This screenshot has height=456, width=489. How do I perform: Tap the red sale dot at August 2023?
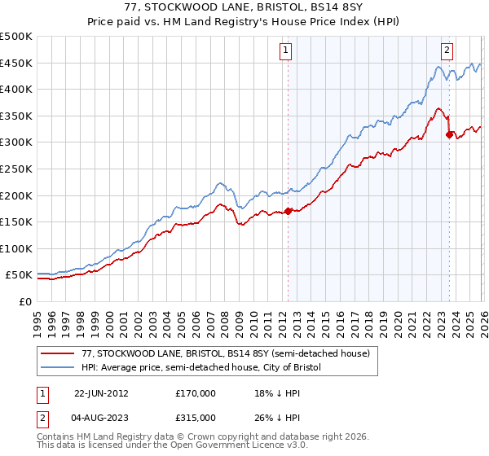[x=449, y=135]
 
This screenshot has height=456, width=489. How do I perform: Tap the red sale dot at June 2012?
[x=288, y=212]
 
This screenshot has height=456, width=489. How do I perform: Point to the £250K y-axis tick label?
[x=16, y=169]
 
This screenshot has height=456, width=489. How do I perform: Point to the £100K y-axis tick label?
[x=16, y=248]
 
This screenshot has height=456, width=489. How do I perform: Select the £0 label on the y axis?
[x=24, y=301]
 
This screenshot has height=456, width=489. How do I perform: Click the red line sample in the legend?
[x=59, y=353]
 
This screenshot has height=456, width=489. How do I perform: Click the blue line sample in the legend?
[x=59, y=367]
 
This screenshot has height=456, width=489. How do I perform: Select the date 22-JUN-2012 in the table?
[x=101, y=392]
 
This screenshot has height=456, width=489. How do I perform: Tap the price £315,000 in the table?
[x=195, y=417]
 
